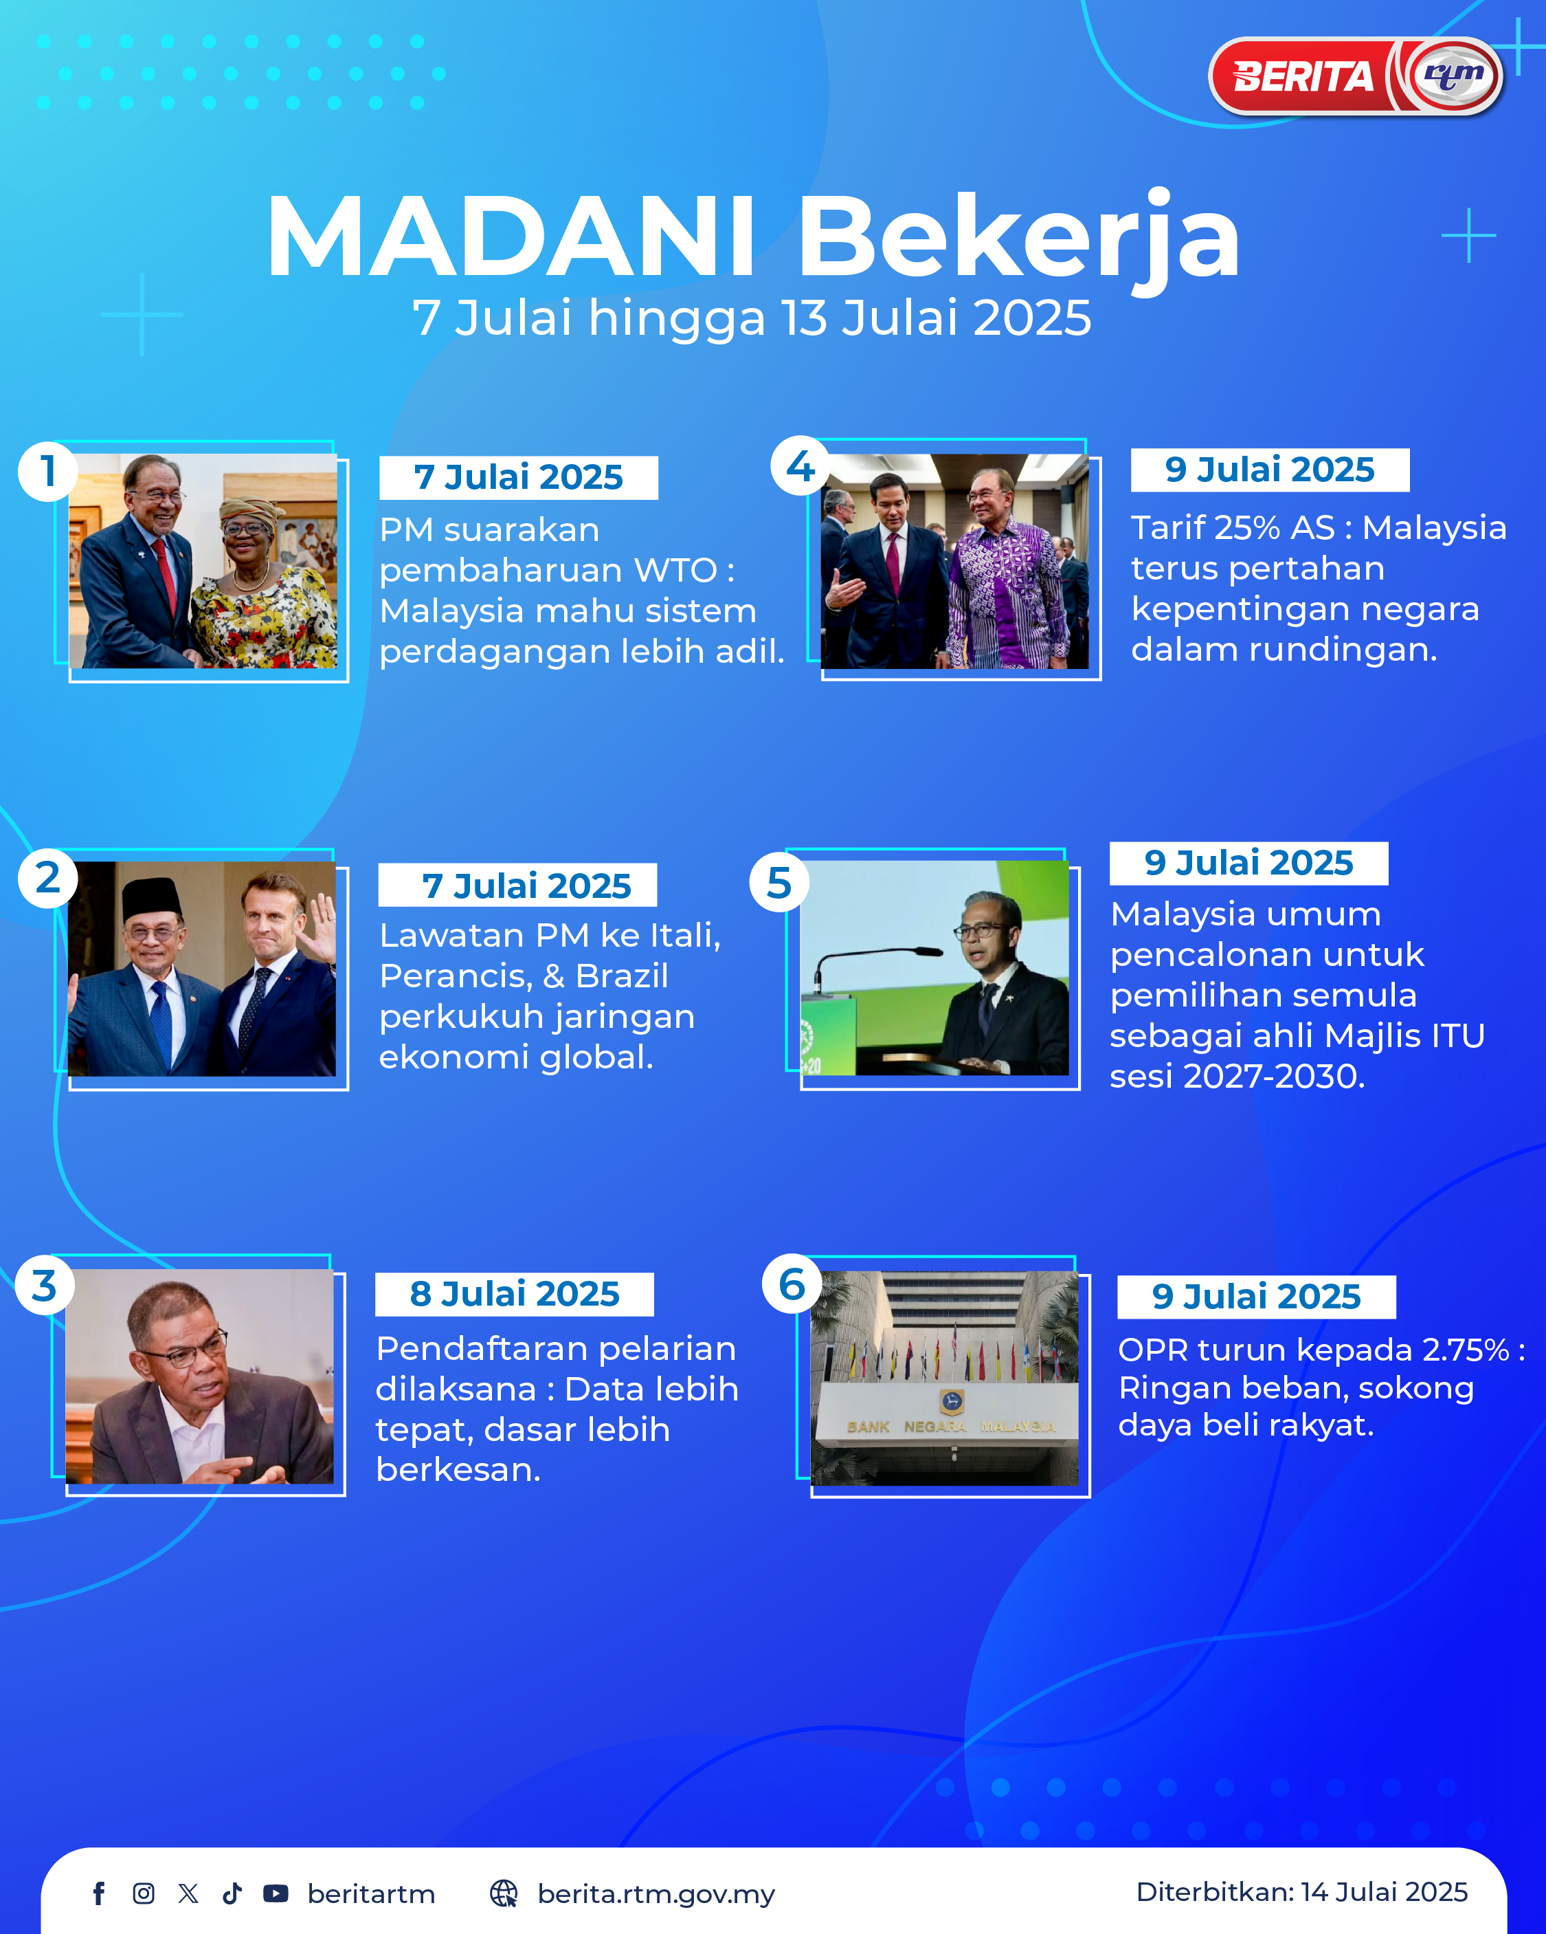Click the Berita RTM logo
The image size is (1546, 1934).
click(1356, 76)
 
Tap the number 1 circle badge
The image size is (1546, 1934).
click(47, 471)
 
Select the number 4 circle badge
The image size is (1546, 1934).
click(800, 466)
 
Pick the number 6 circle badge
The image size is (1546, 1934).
click(792, 1284)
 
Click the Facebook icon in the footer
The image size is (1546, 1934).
click(99, 1893)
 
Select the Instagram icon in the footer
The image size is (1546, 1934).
click(144, 1893)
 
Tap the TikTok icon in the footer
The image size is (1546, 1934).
click(232, 1893)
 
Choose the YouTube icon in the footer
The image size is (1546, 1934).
click(276, 1893)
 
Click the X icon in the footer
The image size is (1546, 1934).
click(188, 1893)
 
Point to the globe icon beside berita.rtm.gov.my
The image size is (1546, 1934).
click(504, 1893)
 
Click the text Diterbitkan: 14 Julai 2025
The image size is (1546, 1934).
click(1301, 1892)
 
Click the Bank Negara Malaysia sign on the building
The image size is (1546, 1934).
click(952, 1427)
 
